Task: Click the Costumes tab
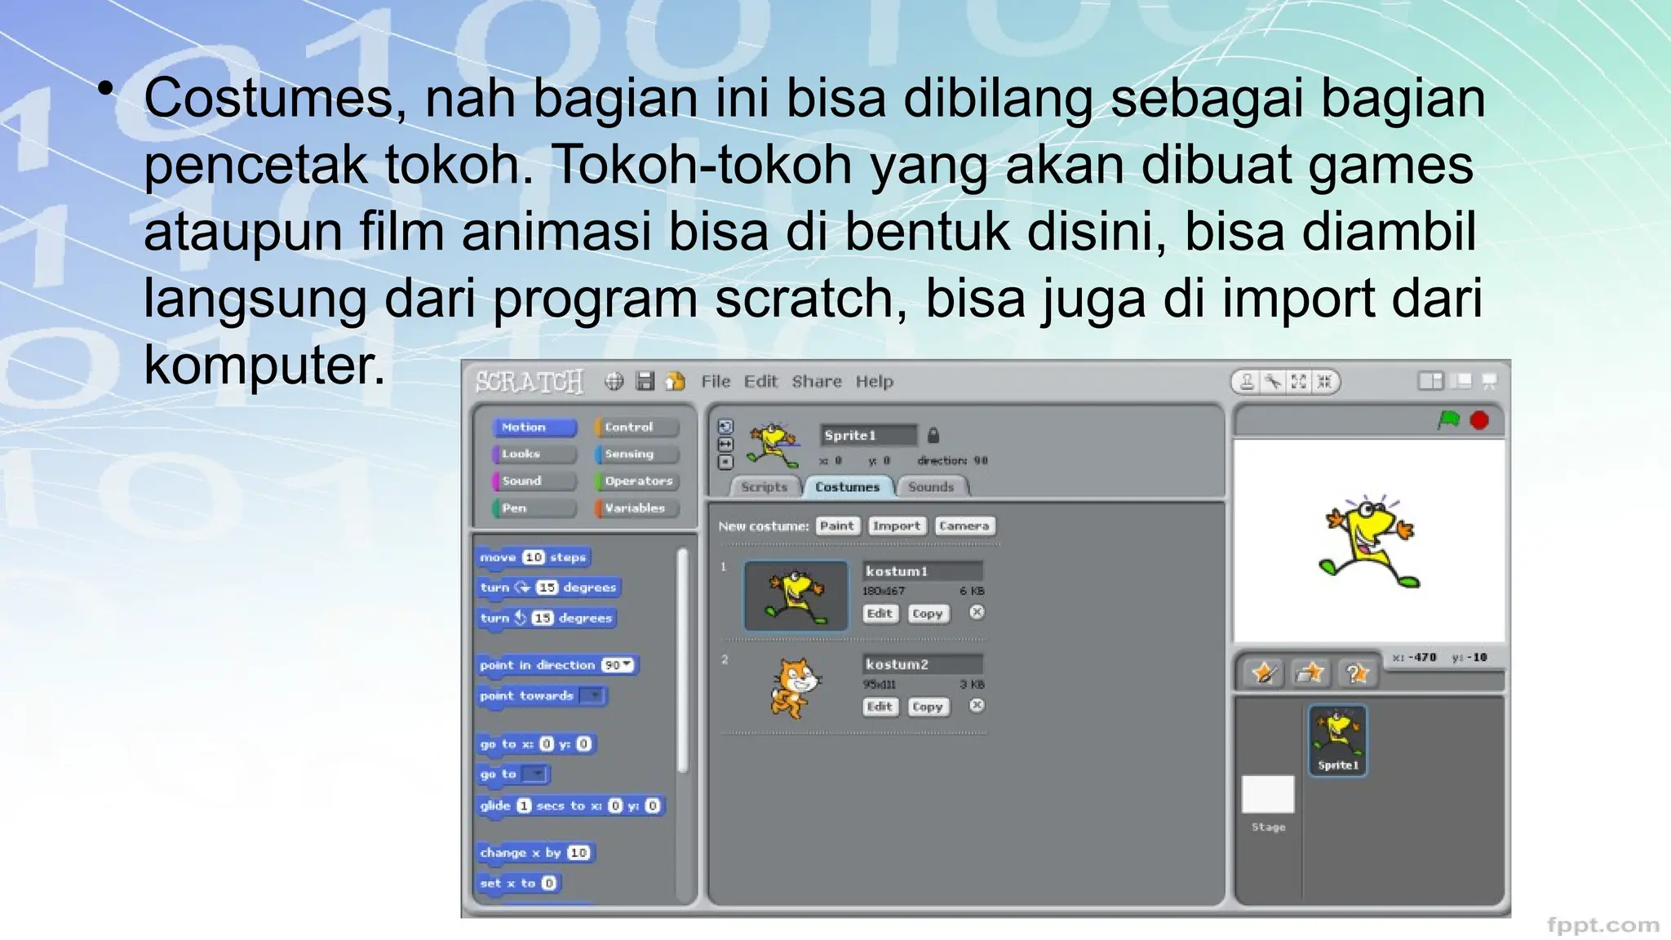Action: coord(847,487)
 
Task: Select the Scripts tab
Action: coord(764,487)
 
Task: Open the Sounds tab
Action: coord(930,487)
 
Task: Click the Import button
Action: coord(896,526)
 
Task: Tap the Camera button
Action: coord(964,526)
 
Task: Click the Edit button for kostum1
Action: coord(880,614)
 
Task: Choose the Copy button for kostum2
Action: coord(927,707)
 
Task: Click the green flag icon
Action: coord(1448,420)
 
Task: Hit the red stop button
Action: coord(1479,420)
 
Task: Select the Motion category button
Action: coord(534,428)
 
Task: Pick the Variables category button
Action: coord(636,508)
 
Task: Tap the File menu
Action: coord(716,382)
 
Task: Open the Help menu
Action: coord(874,382)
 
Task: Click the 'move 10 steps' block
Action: coord(533,557)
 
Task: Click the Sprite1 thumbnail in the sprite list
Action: coord(1337,740)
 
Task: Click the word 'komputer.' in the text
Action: coord(264,365)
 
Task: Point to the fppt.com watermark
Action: coord(1602,925)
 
